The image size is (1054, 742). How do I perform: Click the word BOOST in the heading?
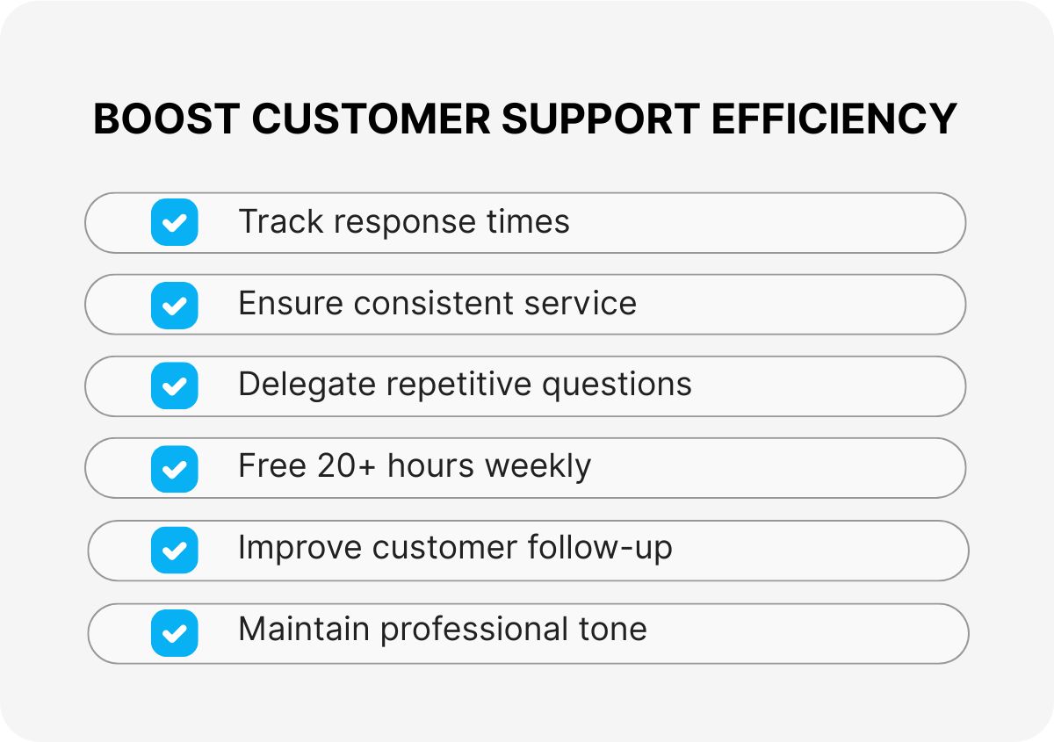(x=164, y=119)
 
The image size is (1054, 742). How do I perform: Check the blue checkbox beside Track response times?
(x=174, y=222)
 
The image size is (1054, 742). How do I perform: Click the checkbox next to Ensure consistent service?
(x=174, y=305)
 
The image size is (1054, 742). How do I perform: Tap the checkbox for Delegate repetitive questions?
(x=174, y=386)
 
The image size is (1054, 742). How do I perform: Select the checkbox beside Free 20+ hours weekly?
(x=174, y=468)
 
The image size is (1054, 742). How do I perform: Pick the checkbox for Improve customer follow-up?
(x=174, y=551)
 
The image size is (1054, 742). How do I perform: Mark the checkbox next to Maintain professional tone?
(x=174, y=632)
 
